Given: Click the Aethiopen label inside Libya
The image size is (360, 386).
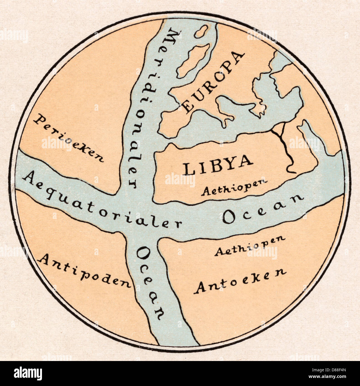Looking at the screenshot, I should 235,187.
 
